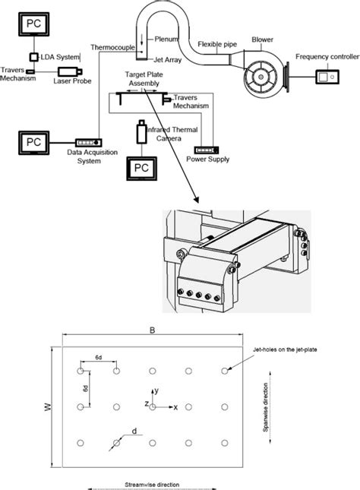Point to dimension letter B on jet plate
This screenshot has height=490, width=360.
pyautogui.click(x=153, y=331)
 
